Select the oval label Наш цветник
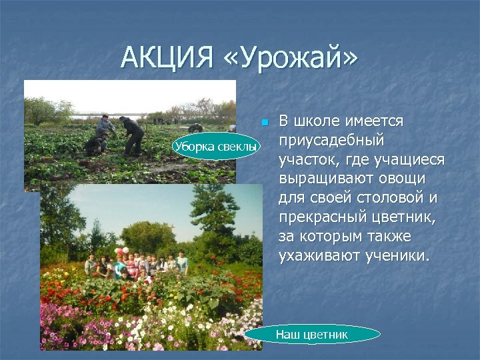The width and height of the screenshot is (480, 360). [312, 334]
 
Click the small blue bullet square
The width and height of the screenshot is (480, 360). [265, 123]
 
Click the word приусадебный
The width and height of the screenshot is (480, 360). [332, 141]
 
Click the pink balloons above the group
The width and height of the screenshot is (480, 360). [121, 251]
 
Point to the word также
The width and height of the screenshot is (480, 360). [384, 237]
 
